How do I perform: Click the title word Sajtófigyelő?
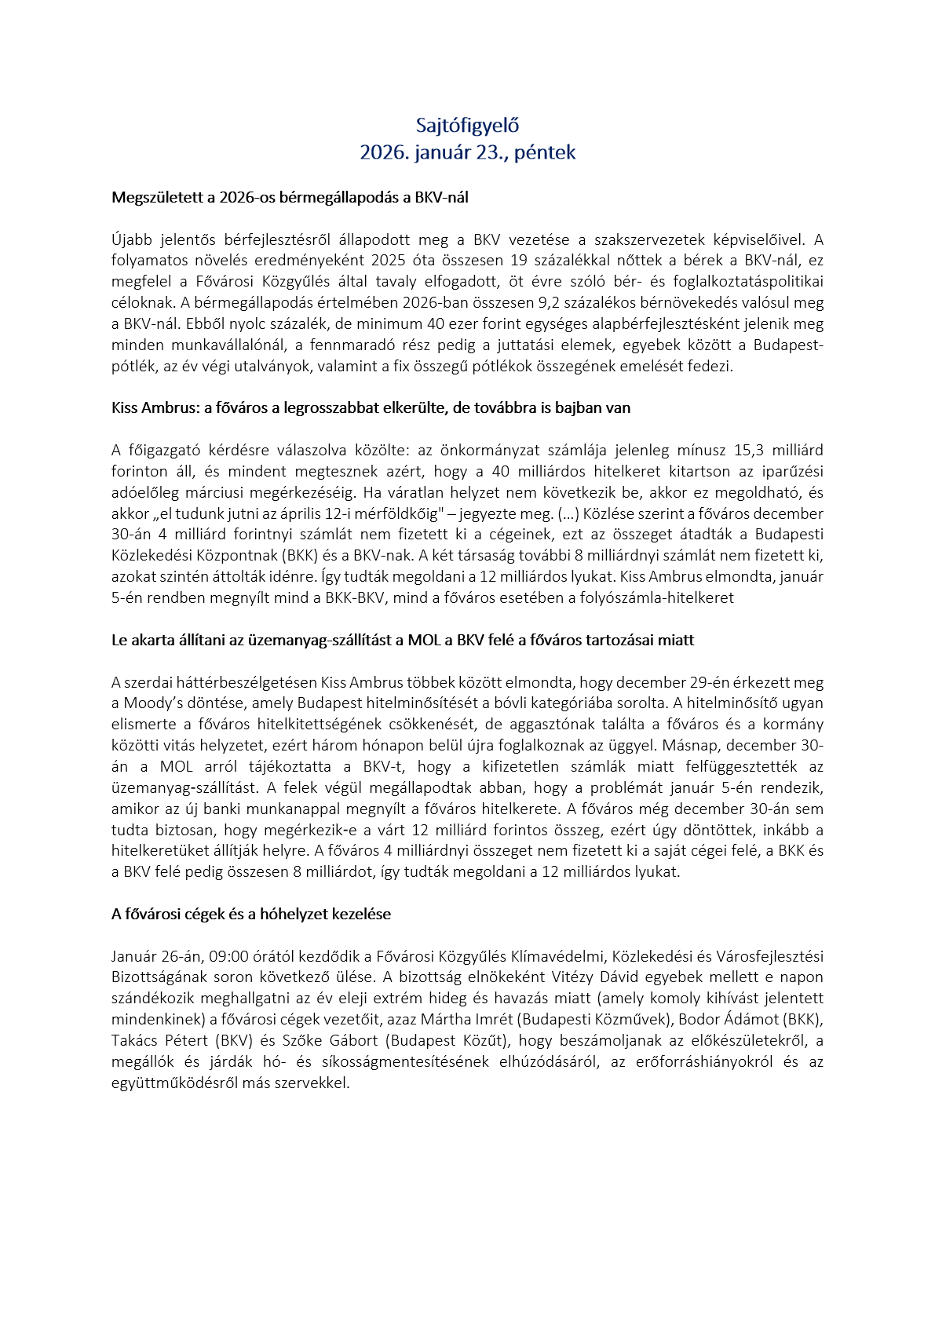(467, 126)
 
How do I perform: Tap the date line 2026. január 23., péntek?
(467, 152)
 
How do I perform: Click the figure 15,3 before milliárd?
(749, 451)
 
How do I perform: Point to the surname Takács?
(136, 1041)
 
